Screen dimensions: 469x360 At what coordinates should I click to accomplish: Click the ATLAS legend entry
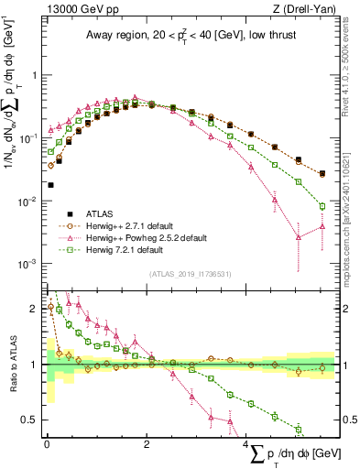coord(101,212)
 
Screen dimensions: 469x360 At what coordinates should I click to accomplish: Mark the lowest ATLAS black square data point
coord(50,185)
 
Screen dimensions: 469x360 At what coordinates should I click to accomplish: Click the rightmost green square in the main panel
coord(322,204)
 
